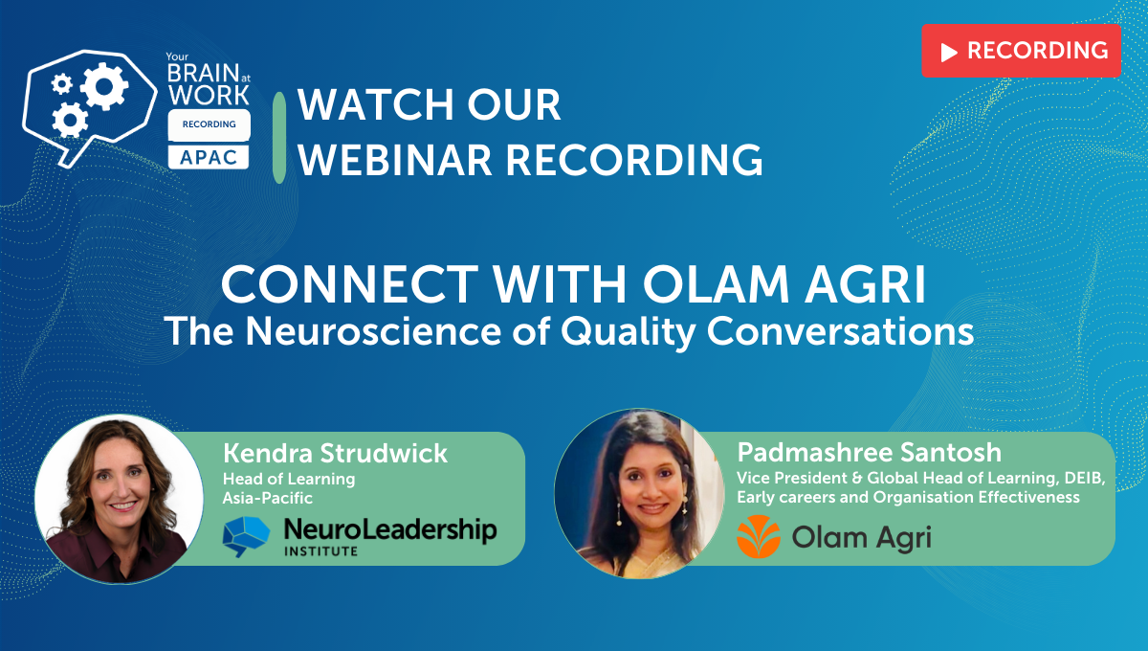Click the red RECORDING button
point(1021,51)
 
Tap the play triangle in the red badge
point(949,52)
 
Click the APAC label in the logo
point(209,156)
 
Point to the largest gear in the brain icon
point(102,86)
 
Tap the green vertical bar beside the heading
point(279,137)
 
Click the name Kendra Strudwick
point(335,453)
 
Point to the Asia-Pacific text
point(268,498)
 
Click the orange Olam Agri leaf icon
point(758,536)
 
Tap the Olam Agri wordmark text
point(861,538)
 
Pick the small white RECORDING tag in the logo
point(209,123)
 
